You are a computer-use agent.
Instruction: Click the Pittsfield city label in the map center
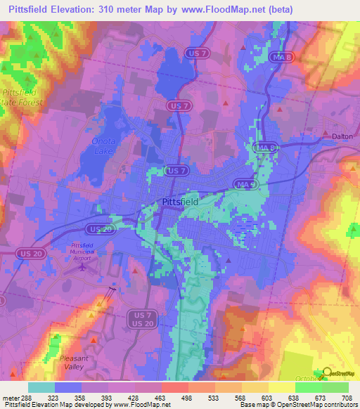click(x=176, y=201)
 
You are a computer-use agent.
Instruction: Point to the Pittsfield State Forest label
click(x=21, y=97)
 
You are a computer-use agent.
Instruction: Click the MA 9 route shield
click(x=241, y=183)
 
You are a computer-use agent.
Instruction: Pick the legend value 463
click(x=161, y=398)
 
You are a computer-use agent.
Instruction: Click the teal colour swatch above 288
click(x=41, y=387)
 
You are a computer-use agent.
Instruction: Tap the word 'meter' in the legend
click(x=10, y=398)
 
